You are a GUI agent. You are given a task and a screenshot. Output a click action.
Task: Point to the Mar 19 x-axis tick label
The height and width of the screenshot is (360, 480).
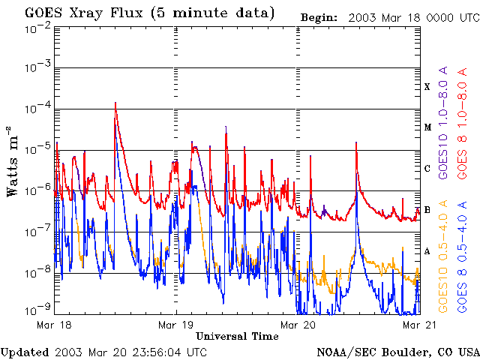[176, 325]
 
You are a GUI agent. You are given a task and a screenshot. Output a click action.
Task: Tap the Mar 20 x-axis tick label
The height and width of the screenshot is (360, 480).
[298, 325]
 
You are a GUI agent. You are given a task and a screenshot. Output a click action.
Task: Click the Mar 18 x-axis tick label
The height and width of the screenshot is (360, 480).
[54, 325]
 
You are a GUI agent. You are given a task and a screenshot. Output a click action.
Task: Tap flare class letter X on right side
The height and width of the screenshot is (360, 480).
[427, 87]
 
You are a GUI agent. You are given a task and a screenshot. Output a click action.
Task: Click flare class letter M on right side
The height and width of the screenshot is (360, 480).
[427, 127]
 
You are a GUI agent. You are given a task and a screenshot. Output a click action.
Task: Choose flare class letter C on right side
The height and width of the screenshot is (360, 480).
[427, 169]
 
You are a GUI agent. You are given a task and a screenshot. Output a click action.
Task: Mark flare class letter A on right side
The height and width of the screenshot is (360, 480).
[427, 252]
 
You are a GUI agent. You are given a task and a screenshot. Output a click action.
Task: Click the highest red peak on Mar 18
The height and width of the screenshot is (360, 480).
[115, 103]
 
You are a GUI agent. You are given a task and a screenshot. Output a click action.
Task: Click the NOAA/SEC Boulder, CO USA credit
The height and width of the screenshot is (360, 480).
[397, 351]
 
